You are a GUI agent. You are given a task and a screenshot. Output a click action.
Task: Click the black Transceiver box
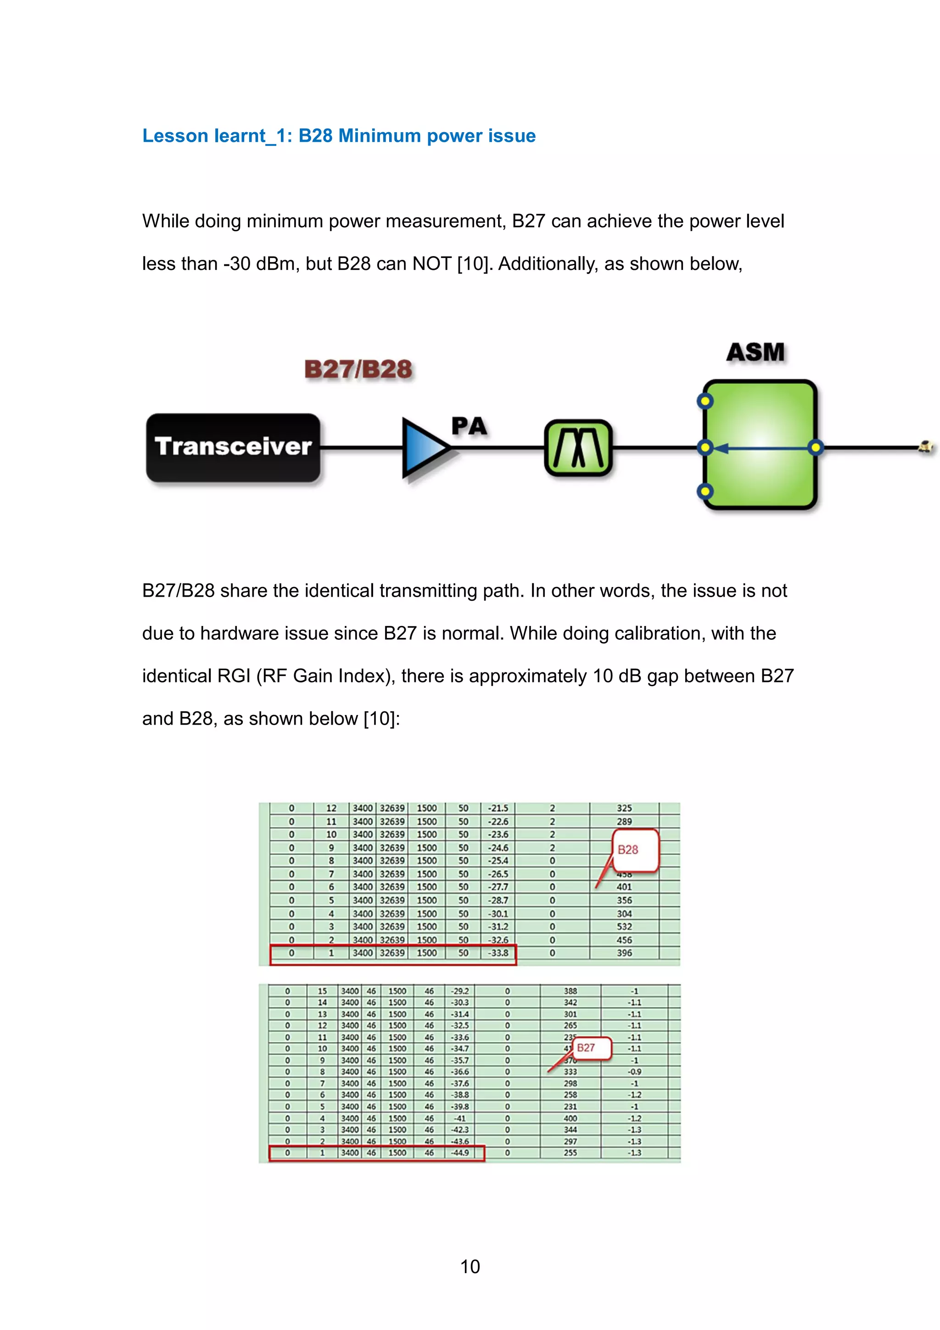point(233,447)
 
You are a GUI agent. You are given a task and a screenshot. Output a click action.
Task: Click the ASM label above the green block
point(755,352)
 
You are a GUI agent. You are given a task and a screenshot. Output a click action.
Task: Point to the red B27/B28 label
point(358,369)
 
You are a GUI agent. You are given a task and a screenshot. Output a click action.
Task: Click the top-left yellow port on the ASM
point(705,401)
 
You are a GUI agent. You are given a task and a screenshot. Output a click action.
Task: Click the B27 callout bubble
point(590,1048)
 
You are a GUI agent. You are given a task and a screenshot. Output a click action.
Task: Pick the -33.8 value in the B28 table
point(498,953)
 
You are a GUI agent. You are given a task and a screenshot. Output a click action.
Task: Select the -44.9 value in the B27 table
point(460,1153)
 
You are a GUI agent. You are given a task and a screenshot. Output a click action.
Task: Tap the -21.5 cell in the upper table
point(498,808)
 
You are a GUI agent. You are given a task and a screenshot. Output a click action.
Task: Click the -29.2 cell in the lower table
point(460,991)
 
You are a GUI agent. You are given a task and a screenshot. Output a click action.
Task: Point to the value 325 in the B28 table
point(624,808)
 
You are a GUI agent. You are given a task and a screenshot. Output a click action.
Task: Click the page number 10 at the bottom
point(470,1267)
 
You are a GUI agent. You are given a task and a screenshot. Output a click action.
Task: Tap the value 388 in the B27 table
point(571,991)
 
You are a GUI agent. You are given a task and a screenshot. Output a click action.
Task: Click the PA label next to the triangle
point(469,426)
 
